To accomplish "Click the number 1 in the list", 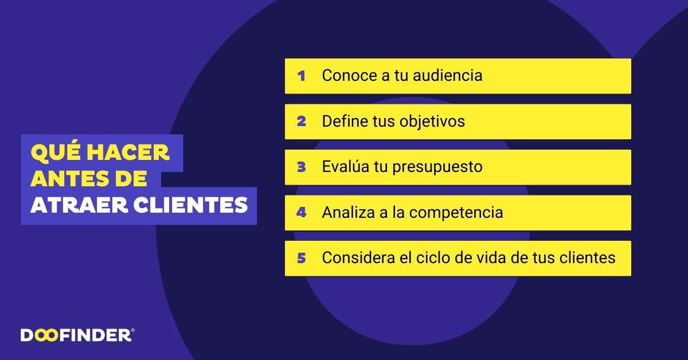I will click(301, 76).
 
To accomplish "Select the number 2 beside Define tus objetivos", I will click(302, 122).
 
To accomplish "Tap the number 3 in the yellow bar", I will click(302, 167).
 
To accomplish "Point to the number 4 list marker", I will click(302, 213).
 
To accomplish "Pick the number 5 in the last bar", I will click(302, 258).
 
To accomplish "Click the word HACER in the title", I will click(137, 152).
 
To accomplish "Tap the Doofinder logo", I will click(77, 335).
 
